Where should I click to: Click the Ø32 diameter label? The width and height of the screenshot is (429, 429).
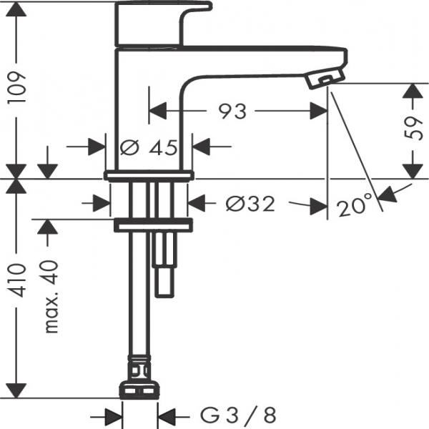tap(250, 204)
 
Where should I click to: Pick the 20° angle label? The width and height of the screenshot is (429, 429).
tap(355, 207)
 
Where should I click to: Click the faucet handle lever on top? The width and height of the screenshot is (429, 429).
tap(164, 21)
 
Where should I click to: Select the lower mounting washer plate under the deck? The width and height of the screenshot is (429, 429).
tap(154, 225)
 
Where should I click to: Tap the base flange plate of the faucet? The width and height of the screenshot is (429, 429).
tap(149, 174)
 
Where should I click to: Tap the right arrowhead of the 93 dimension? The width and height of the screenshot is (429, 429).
tap(319, 112)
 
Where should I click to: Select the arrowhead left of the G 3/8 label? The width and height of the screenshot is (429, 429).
tap(114, 414)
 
